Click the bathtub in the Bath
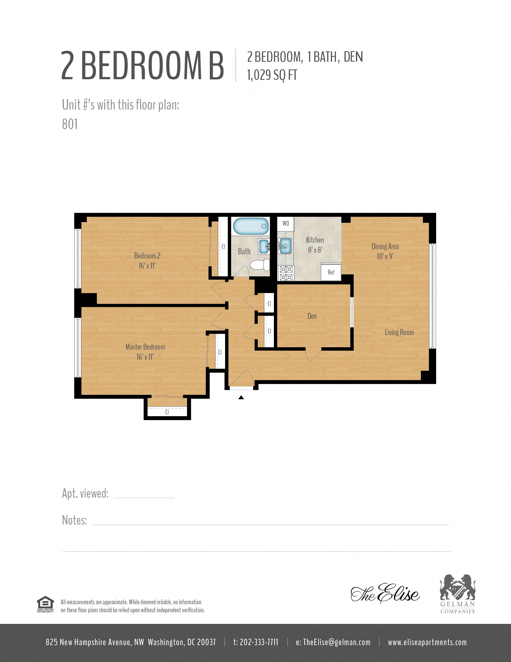pos(250,226)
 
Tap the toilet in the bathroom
pos(261,265)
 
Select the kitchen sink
pos(285,245)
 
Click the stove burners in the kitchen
pos(286,273)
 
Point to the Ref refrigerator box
pos(331,272)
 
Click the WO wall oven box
pos(286,223)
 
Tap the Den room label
pos(312,316)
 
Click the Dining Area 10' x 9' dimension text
pos(385,256)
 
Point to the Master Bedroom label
pos(145,347)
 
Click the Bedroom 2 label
pos(147,256)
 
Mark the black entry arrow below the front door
pos(241,397)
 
